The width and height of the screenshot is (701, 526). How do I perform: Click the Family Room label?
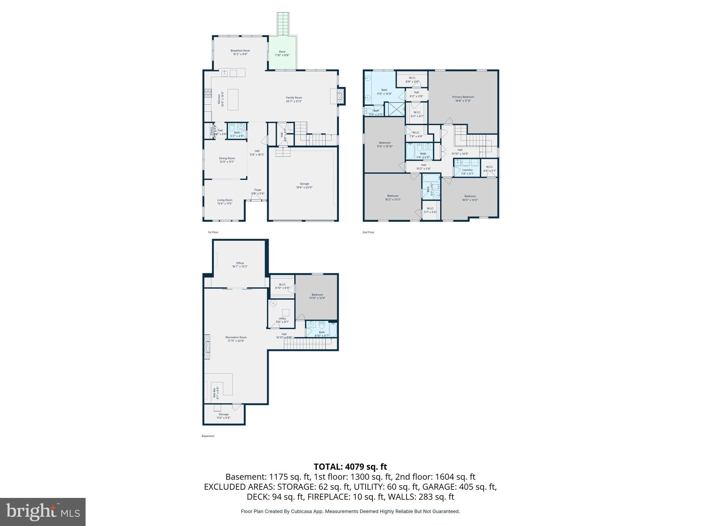[x=294, y=99]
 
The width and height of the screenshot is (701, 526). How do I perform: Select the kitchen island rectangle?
[x=233, y=100]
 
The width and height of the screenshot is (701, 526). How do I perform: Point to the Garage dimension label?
[x=304, y=187]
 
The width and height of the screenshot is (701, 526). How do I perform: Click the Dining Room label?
[x=227, y=160]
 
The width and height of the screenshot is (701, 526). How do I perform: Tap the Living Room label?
[x=225, y=202]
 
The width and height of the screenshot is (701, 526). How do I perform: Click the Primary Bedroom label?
[x=463, y=99]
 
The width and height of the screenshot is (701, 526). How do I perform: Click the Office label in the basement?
[x=240, y=265]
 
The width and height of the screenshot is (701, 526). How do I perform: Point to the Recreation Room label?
[x=236, y=339]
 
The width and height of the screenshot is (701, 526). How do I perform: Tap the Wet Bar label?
[x=216, y=392]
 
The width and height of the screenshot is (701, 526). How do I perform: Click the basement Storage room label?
[x=224, y=416]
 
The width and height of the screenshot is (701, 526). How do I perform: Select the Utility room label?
[x=282, y=320]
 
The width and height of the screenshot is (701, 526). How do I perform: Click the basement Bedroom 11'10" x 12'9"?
[x=317, y=296]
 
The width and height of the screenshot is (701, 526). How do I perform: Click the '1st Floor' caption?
[x=213, y=232]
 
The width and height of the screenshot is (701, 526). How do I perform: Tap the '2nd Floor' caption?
[x=368, y=232]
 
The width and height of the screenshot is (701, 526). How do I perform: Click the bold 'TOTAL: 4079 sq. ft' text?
[x=350, y=466]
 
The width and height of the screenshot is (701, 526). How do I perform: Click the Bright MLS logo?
[x=43, y=512]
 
